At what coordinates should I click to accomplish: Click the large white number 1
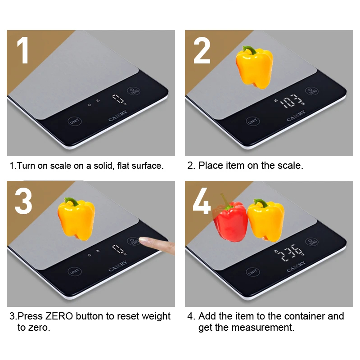(23, 50)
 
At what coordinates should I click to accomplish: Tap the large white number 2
(202, 50)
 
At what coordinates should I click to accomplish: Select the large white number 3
(23, 201)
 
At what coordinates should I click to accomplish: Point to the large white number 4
(202, 201)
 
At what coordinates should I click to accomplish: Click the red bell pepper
(230, 219)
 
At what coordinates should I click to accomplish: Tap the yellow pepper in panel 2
(254, 67)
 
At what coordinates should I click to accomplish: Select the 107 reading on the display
(290, 101)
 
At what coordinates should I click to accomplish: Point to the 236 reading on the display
(290, 252)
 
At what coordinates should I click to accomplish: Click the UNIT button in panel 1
(75, 121)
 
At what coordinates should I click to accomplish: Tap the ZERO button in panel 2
(312, 91)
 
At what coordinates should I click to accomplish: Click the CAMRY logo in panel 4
(296, 266)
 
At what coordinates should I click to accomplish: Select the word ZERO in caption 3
(59, 316)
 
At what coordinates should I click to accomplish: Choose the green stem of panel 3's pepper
(72, 201)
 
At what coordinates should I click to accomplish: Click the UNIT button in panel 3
(75, 272)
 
